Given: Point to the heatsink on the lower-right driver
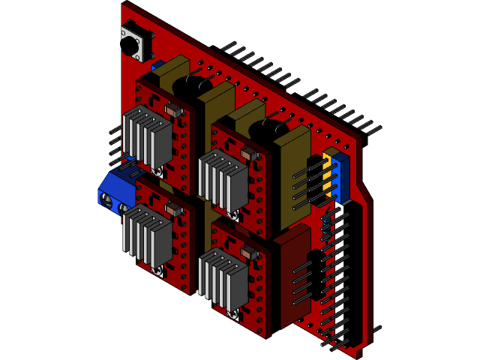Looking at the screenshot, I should (x=224, y=279).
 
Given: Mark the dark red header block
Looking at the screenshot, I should (x=292, y=277).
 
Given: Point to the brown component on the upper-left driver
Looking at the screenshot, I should (x=173, y=110).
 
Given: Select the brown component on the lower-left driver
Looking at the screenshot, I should (x=173, y=209).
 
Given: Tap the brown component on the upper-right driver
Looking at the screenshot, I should (x=249, y=154).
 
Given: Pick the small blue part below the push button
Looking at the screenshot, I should (x=157, y=67).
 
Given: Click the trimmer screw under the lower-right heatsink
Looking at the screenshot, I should (x=233, y=314).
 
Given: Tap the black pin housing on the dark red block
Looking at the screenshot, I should (x=316, y=274).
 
